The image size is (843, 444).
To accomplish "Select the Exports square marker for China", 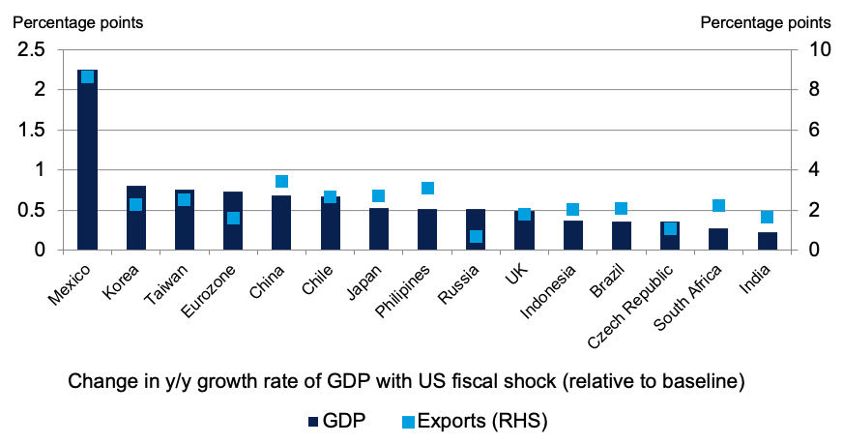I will click(x=282, y=182).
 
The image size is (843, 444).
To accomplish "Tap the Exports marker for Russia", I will click(x=476, y=236).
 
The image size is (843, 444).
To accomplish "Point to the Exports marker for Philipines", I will click(x=428, y=189).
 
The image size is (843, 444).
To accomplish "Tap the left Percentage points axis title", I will click(x=78, y=21).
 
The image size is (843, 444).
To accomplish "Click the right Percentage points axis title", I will click(x=764, y=21).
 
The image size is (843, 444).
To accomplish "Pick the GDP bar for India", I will click(x=768, y=241).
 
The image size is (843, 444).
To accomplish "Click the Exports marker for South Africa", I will click(x=718, y=206).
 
